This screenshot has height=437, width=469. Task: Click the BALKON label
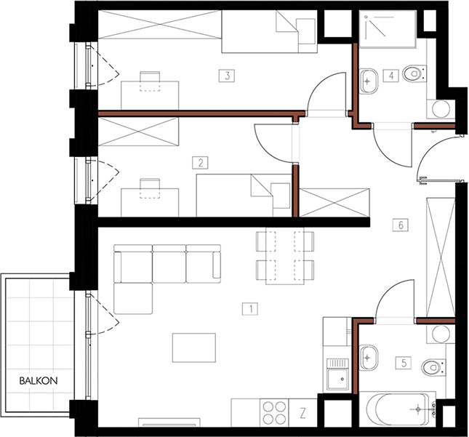pyautogui.click(x=39, y=381)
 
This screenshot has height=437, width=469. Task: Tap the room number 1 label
pyautogui.click(x=250, y=309)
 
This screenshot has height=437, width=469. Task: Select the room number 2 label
pyautogui.click(x=200, y=163)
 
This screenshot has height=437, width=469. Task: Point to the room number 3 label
pyautogui.click(x=227, y=76)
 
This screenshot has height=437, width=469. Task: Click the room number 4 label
pyautogui.click(x=391, y=76)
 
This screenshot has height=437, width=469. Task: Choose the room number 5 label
pyautogui.click(x=404, y=363)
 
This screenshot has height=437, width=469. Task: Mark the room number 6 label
pyautogui.click(x=401, y=225)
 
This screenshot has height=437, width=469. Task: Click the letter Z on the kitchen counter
pyautogui.click(x=302, y=414)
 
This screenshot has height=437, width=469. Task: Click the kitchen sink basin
pyautogui.click(x=337, y=379)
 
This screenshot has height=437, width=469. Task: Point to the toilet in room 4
pyautogui.click(x=414, y=73)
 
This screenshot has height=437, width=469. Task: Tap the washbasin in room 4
pyautogui.click(x=368, y=81)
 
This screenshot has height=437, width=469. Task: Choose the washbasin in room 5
pyautogui.click(x=368, y=358)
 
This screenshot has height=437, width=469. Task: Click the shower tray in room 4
pyautogui.click(x=388, y=29)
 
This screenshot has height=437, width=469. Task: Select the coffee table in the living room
pyautogui.click(x=194, y=348)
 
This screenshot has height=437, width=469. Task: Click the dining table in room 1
pyautogui.click(x=285, y=256)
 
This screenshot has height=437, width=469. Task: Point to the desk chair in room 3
pyautogui.click(x=150, y=81)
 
